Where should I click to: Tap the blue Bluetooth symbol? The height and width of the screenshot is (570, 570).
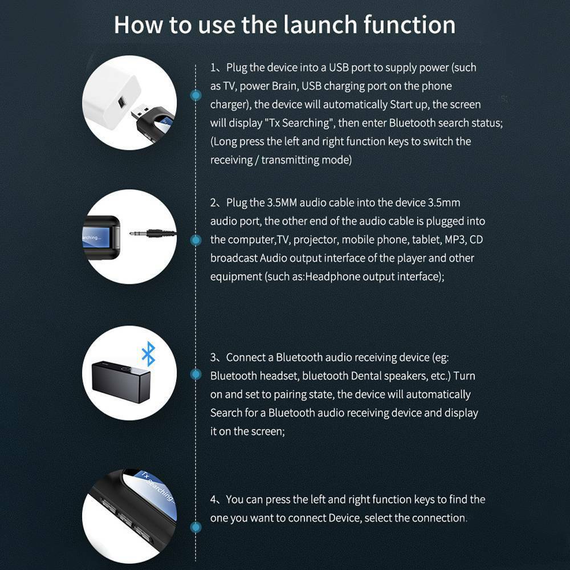click(148, 354)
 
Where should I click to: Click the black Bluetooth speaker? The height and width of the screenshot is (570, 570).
click(121, 382)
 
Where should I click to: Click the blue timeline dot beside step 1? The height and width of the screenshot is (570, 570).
click(196, 95)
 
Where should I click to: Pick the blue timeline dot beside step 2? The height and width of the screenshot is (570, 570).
click(196, 240)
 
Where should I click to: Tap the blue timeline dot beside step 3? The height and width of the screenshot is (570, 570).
click(196, 374)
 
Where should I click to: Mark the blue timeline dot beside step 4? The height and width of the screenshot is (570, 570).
click(196, 527)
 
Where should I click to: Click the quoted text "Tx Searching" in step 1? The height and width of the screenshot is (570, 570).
click(300, 123)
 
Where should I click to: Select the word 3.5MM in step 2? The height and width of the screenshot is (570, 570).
click(282, 202)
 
